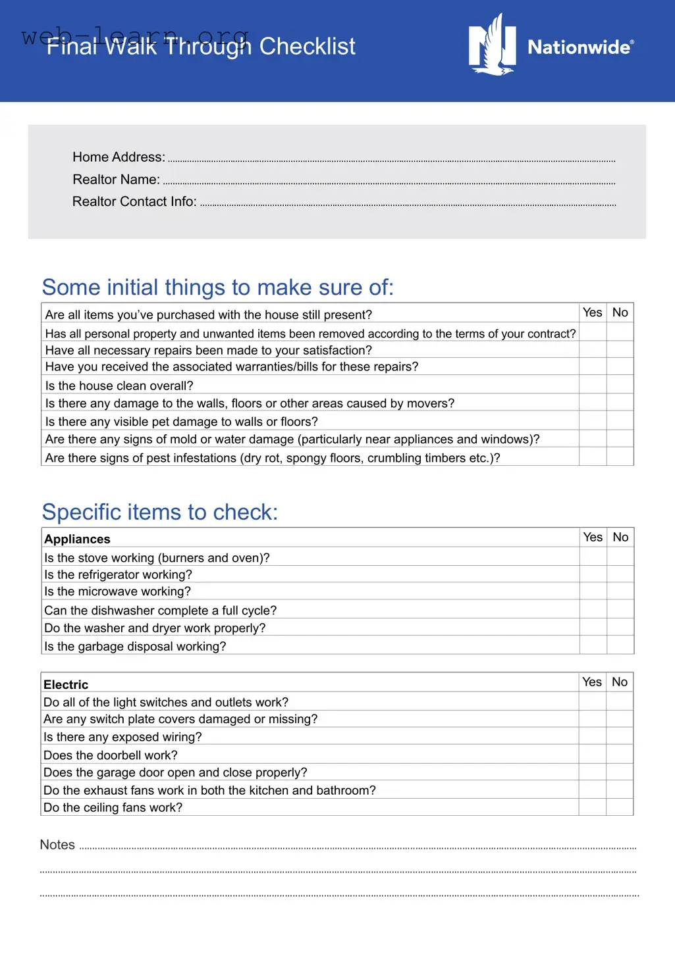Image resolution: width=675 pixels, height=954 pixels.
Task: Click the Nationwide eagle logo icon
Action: (x=492, y=46)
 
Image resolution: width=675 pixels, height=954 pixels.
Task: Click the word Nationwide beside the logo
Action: (x=580, y=47)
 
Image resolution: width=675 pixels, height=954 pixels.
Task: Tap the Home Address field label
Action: (x=119, y=157)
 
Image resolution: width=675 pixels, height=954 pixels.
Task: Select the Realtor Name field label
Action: (x=116, y=180)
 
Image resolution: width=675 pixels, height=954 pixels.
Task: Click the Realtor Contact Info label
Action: (x=134, y=202)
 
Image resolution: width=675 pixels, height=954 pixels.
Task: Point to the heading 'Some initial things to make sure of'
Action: (x=217, y=288)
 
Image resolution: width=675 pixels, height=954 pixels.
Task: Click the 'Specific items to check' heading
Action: (x=160, y=512)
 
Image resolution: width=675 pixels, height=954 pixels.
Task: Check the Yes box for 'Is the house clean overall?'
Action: (x=593, y=384)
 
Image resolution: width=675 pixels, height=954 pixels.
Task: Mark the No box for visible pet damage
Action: (x=620, y=420)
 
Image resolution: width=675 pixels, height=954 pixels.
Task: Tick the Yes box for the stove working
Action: (x=593, y=557)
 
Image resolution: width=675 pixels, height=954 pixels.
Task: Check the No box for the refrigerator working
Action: (x=620, y=574)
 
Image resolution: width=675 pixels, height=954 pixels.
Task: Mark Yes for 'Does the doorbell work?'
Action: (x=592, y=754)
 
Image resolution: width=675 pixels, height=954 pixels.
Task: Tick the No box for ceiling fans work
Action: (x=619, y=807)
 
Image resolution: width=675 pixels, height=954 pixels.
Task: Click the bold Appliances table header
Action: (x=77, y=539)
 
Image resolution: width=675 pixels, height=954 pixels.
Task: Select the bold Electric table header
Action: (x=66, y=684)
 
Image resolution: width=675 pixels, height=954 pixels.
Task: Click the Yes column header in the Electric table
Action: (x=592, y=682)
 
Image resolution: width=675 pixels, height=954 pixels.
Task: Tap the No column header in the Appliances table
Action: (x=620, y=538)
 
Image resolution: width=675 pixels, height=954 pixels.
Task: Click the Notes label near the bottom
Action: (x=57, y=845)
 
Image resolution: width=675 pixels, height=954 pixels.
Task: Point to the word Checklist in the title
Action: (x=307, y=47)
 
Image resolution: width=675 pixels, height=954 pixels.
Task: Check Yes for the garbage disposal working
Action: (x=593, y=645)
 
